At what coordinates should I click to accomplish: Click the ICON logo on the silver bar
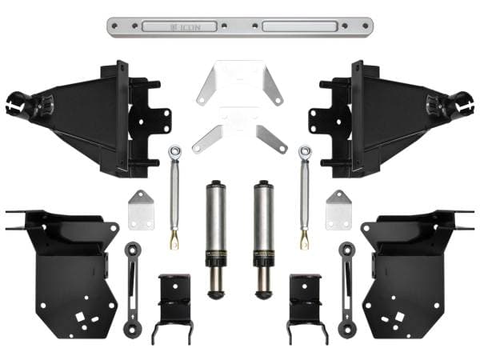(188, 26)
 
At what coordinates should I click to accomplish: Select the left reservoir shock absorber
(217, 236)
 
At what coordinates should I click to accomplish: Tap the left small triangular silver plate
(141, 210)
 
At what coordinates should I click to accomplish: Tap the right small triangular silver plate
(338, 210)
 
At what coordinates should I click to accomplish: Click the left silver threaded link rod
(173, 196)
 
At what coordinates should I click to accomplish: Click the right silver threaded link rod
(305, 196)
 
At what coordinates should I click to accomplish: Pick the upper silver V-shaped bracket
(241, 84)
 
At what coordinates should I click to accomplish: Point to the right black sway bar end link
(347, 288)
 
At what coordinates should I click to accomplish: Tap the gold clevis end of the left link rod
(174, 238)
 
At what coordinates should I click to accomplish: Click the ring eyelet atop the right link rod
(305, 150)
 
